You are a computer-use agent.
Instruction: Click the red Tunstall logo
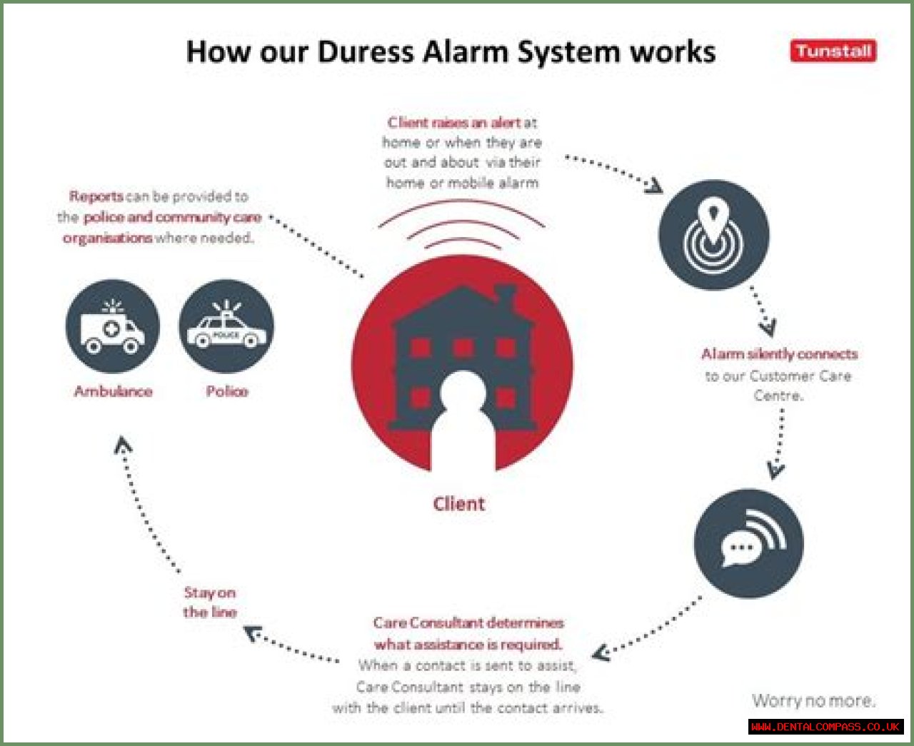[833, 51]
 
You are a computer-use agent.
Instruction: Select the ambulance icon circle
[113, 326]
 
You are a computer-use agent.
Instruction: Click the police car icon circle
[226, 326]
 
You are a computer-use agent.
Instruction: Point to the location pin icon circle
[714, 234]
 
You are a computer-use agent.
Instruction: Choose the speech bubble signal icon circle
[748, 543]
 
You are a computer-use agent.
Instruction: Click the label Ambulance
[113, 391]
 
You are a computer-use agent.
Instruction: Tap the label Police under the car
[227, 391]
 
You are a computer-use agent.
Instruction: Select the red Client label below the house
[459, 504]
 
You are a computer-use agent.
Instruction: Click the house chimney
[506, 296]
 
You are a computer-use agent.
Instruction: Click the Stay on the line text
[210, 603]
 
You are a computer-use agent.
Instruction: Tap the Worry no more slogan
[813, 700]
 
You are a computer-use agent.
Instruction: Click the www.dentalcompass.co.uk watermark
[825, 727]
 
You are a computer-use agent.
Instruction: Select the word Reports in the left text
[96, 196]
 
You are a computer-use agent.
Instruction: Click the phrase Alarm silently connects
[780, 354]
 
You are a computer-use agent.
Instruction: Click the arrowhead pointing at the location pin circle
[654, 186]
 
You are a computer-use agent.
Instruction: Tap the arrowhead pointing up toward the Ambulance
[123, 445]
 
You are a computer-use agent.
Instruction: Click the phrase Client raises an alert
[453, 123]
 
